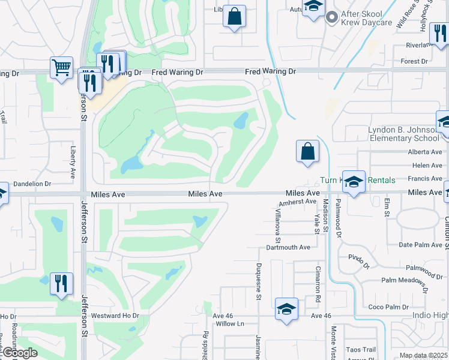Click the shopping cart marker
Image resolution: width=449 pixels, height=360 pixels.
click(x=62, y=68)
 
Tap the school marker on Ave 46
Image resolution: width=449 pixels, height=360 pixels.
click(x=286, y=310)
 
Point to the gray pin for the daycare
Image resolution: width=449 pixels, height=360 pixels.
click(x=330, y=18)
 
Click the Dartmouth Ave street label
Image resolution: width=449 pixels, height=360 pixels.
click(x=288, y=247)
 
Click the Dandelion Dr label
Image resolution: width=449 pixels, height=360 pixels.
click(x=31, y=184)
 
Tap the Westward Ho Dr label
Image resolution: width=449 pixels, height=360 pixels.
click(x=115, y=315)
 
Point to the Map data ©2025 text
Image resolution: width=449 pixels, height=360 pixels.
click(x=424, y=356)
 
